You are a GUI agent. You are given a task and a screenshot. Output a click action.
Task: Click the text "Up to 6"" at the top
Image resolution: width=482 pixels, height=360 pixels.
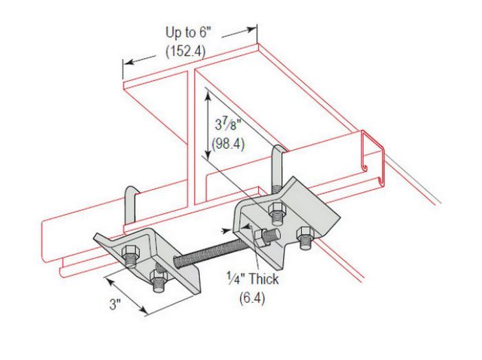tap(187, 32)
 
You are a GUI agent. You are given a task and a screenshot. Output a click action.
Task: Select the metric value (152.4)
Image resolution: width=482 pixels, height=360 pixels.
tap(185, 51)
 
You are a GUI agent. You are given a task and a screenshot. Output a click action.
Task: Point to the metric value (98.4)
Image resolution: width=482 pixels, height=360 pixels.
tap(228, 143)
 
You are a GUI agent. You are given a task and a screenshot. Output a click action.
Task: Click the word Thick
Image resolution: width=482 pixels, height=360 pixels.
tap(264, 279)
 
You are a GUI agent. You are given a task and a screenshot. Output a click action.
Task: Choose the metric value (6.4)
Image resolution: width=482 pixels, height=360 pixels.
tap(252, 298)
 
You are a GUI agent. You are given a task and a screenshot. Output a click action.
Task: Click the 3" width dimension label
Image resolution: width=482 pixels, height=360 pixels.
tap(115, 304)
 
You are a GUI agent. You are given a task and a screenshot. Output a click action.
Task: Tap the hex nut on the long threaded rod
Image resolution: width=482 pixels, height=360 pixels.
tap(260, 238)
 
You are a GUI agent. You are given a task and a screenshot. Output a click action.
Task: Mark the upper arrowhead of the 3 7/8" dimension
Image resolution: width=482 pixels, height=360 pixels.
tap(208, 97)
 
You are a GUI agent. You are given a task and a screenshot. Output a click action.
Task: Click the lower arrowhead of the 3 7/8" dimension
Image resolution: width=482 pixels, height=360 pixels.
tap(208, 153)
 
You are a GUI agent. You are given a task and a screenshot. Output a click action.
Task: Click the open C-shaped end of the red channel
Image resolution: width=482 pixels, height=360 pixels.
tap(373, 158)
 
